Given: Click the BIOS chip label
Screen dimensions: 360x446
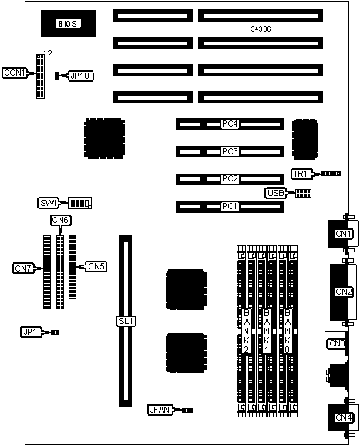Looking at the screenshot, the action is coord(68,24).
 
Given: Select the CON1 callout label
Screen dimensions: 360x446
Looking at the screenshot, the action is coord(15,73).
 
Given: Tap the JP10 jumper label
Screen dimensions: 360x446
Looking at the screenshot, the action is coord(80,76).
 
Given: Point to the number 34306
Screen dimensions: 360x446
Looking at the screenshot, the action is coord(261,29).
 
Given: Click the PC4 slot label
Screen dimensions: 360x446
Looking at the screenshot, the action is coord(230,124).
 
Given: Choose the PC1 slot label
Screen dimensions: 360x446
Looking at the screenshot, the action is coord(230,206).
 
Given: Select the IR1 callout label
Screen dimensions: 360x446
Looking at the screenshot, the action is coord(301,174).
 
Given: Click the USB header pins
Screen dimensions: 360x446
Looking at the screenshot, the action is coord(303,194).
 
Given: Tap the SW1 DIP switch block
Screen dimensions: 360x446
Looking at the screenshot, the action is coord(80,203).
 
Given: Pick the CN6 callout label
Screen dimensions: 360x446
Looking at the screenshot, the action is coord(61,220).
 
